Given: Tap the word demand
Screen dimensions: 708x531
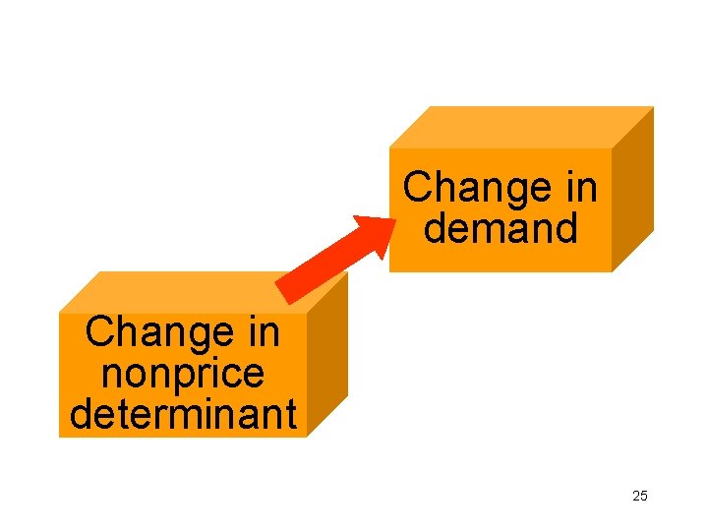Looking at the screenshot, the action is click(501, 228).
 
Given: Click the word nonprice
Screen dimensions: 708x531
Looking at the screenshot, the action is click(183, 375).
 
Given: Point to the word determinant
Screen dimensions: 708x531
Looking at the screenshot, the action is click(183, 414).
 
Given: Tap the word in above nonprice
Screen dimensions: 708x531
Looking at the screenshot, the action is click(261, 333).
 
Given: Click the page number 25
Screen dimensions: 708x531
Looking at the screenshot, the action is click(640, 496).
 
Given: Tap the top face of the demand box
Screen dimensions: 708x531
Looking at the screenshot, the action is click(521, 126).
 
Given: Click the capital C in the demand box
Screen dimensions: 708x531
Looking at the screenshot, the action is click(417, 187).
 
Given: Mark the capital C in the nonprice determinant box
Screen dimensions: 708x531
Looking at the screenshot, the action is click(99, 333).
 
